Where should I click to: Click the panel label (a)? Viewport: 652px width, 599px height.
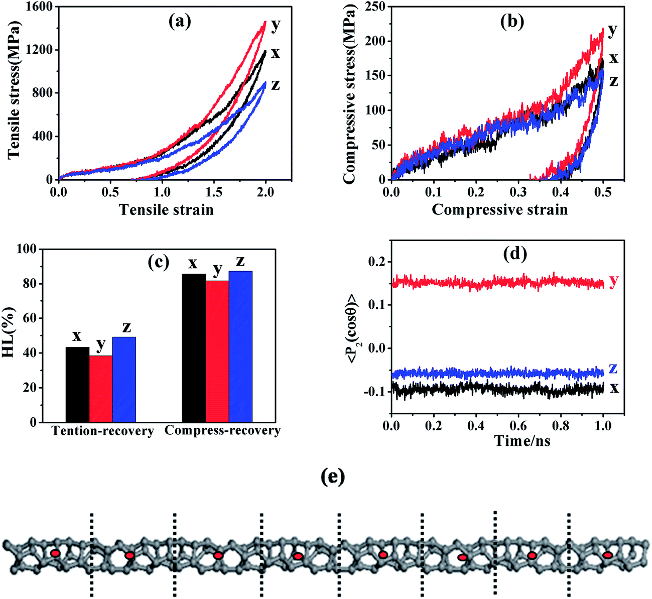point(180,22)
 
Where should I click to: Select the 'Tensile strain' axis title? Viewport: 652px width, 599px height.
point(166,210)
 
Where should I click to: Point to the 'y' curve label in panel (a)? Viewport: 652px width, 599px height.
point(275,26)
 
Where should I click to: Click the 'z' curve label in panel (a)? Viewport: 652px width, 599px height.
point(275,85)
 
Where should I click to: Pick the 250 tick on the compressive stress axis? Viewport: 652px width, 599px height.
point(375,7)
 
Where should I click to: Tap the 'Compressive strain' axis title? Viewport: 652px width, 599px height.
point(499,210)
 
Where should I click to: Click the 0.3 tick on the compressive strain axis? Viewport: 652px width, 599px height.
point(518,192)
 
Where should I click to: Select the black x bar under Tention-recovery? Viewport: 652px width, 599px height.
point(77,385)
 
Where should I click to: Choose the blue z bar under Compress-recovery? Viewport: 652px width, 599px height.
point(240,346)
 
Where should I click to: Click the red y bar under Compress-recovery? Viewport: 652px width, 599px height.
point(217,351)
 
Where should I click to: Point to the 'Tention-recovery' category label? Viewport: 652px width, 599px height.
point(103,431)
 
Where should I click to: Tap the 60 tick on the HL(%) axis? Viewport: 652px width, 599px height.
point(29,318)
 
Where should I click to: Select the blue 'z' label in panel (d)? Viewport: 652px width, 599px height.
point(613,369)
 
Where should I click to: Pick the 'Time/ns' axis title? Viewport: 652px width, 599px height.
point(523,441)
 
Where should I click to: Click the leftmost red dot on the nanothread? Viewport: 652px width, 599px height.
point(55,553)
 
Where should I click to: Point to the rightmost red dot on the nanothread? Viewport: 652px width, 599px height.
point(607,555)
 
